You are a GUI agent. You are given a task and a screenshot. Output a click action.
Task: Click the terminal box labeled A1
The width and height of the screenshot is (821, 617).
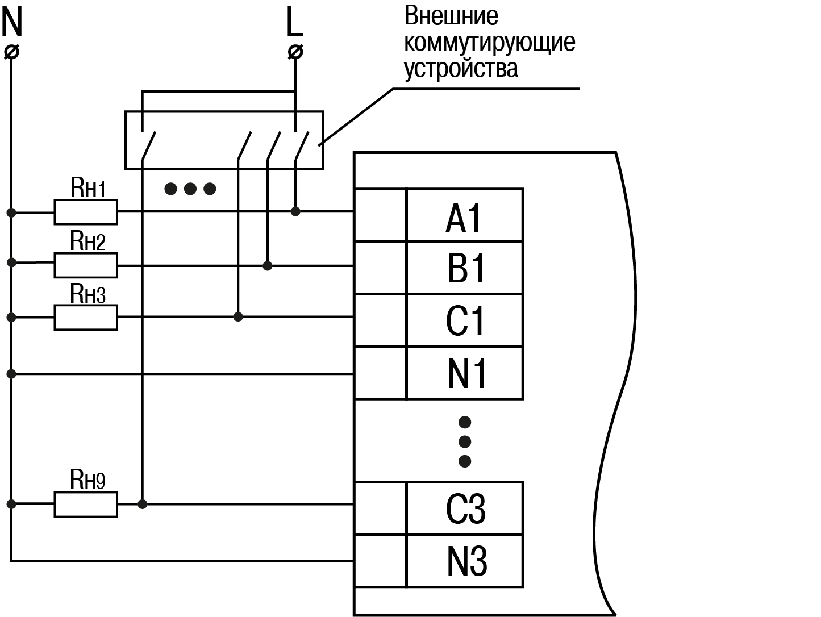464,216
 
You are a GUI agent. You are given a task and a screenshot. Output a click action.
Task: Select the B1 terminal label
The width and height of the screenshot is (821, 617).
465,268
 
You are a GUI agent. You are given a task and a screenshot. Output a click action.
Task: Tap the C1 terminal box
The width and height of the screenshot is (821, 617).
465,320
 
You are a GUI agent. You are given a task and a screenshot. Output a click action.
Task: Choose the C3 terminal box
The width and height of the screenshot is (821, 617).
465,508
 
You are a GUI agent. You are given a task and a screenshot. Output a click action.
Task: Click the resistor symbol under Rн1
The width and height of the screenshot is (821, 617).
86,212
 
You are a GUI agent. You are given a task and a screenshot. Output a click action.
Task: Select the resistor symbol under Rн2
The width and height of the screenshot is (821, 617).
86,265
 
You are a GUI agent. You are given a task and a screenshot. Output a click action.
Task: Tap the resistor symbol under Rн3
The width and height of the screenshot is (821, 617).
86,317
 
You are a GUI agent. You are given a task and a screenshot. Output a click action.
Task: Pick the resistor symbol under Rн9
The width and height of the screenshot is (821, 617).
86,504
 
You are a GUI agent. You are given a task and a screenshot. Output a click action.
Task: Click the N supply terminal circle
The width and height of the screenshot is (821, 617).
11,52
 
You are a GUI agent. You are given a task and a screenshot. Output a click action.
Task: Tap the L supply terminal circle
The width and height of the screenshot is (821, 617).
295,52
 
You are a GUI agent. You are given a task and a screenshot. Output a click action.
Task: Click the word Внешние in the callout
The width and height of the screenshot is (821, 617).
451,16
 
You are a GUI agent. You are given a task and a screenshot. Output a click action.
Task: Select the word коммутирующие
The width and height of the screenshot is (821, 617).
489,43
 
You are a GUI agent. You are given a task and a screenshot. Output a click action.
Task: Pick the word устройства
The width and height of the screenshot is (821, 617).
461,68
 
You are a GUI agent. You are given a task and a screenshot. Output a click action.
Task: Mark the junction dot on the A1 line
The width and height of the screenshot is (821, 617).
295,211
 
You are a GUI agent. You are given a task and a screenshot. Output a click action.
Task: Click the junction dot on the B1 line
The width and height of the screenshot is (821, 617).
268,265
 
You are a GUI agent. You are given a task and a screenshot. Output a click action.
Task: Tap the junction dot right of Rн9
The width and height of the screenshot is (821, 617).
143,504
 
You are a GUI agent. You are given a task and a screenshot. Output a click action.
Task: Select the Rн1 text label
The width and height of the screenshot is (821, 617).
88,187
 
